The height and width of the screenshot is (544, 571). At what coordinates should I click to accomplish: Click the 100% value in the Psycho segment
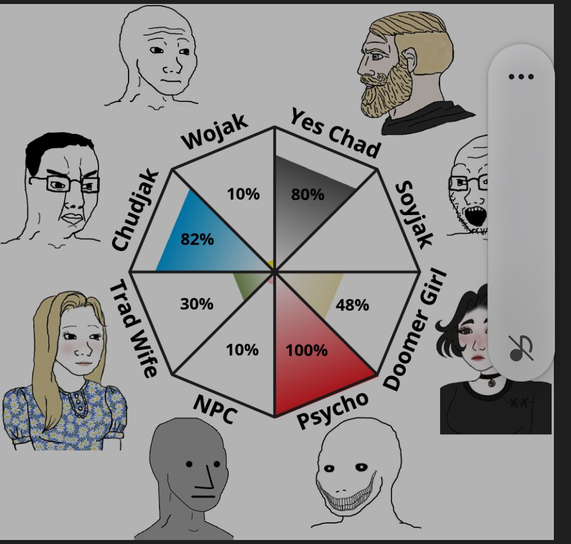[306, 350]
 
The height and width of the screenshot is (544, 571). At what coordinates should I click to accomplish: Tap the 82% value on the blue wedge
[197, 240]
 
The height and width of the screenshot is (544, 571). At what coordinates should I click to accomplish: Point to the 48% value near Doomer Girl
[352, 305]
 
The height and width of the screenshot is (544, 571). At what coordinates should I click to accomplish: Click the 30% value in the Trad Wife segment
[197, 304]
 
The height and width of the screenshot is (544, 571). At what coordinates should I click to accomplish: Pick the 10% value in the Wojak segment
[243, 194]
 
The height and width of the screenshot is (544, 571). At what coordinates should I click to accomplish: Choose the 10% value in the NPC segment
[242, 349]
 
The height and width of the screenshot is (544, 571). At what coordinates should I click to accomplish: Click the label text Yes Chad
[335, 133]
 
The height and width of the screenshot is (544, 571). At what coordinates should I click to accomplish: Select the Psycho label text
[333, 410]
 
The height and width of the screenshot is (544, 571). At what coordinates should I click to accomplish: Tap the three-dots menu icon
[521, 77]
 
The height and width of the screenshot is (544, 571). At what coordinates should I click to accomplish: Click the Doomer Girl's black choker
[490, 379]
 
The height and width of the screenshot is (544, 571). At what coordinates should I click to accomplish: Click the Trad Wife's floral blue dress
[63, 415]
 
